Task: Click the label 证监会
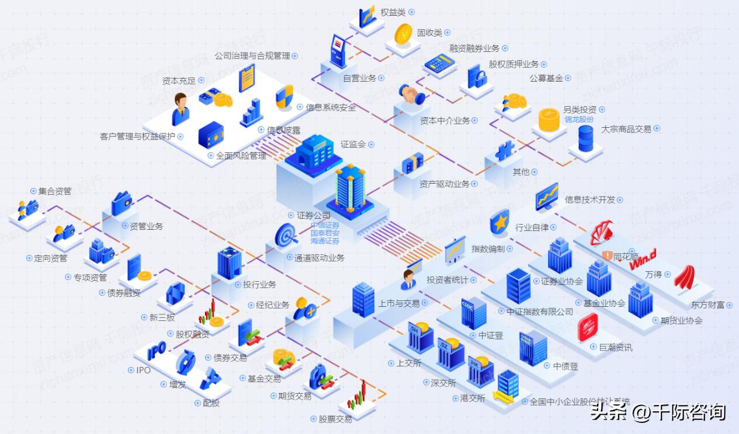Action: click(x=353, y=144)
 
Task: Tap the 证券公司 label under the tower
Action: click(x=314, y=215)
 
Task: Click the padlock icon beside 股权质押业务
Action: click(x=477, y=76)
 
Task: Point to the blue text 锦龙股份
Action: click(x=579, y=119)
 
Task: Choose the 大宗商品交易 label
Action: click(x=626, y=129)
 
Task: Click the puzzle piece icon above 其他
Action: click(x=504, y=151)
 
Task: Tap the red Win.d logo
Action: click(x=643, y=259)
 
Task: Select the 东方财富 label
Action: click(x=707, y=304)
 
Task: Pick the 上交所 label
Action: click(x=409, y=363)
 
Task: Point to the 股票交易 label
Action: click(x=335, y=419)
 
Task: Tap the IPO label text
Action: click(x=143, y=370)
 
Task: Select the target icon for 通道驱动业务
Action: click(x=287, y=235)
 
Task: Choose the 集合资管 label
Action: click(x=55, y=191)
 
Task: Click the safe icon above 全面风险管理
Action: click(x=210, y=136)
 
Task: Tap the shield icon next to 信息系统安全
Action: click(x=285, y=97)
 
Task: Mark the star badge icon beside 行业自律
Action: click(x=498, y=222)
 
